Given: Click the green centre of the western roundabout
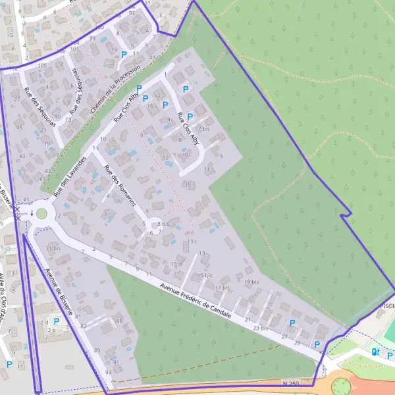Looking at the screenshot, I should click(42, 213).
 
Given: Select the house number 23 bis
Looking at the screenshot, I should click(261, 327).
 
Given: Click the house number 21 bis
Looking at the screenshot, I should click(53, 248).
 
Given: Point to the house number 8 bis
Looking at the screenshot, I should click(164, 224).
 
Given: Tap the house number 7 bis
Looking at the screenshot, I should click(204, 129).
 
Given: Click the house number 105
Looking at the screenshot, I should click(41, 66).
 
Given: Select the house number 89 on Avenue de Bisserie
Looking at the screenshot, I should click(97, 350).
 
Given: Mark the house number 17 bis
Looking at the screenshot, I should click(222, 288).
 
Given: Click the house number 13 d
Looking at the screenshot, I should click(176, 264).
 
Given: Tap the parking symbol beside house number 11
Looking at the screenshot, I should click(123, 55).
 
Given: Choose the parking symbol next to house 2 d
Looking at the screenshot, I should click(56, 321).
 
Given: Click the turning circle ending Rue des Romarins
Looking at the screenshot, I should click(155, 223).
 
